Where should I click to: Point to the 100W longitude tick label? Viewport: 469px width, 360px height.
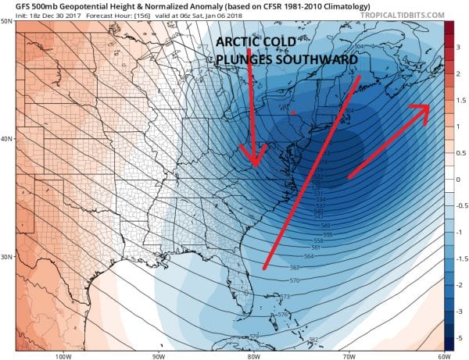point(64,355)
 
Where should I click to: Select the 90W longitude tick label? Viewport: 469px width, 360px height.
point(158,355)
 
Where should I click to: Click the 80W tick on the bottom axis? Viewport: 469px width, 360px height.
point(252,355)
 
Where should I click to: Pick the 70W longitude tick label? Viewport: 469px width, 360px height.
point(346,355)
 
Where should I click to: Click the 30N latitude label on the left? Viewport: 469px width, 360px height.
point(7,258)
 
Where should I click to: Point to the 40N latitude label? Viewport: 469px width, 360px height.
point(7,139)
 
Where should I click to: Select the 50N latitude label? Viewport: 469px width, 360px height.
point(7,21)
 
